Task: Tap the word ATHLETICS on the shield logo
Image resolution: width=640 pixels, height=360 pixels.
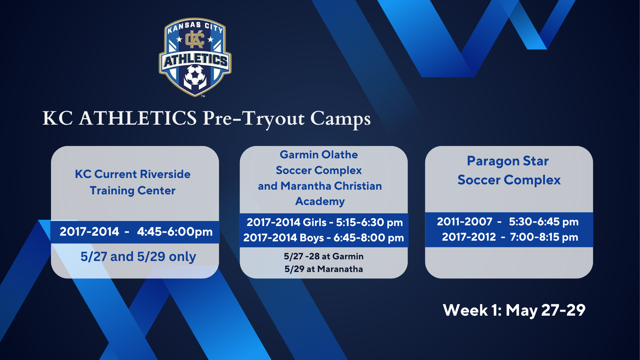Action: coord(196,61)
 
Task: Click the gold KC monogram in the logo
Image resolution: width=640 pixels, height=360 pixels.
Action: coord(195,40)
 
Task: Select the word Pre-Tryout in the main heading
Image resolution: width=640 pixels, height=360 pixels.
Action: coord(254,119)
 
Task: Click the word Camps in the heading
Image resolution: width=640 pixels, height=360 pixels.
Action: coord(340,119)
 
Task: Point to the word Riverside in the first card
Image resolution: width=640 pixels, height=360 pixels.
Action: coord(165,174)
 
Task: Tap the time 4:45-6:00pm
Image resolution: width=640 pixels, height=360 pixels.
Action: coord(175,231)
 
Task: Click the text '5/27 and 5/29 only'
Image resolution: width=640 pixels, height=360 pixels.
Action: coord(138,256)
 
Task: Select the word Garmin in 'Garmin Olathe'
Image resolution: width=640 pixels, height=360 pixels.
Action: coord(299,155)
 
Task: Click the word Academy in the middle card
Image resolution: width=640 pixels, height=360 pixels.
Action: coord(320,201)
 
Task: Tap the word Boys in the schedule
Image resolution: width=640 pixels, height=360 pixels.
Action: coord(312,238)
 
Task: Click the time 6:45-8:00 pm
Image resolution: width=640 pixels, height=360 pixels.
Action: coord(369,238)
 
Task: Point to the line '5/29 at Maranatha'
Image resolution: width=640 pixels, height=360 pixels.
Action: coord(324,269)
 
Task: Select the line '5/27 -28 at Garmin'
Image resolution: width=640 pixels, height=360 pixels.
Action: coord(324,256)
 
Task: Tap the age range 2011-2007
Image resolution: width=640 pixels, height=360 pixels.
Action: coord(465,222)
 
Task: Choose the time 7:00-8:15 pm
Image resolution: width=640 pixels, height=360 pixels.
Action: coord(544,237)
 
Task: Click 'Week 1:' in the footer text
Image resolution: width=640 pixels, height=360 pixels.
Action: coord(472,310)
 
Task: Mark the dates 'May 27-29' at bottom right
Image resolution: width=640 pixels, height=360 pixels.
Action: coord(545,311)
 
